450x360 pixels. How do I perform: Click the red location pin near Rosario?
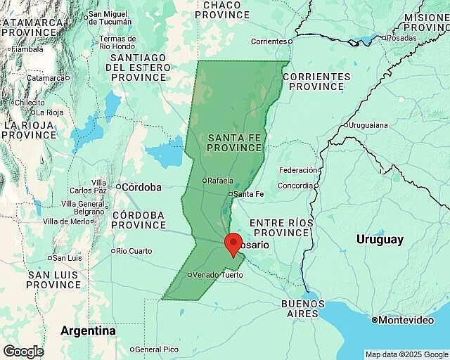point(233,245)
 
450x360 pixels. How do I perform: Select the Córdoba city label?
point(141,187)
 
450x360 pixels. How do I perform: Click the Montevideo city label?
point(406,320)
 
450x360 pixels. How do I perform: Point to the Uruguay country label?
point(380,239)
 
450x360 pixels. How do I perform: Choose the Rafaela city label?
point(219,180)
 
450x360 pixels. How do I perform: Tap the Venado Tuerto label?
point(217,275)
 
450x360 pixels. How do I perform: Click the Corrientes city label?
point(269,41)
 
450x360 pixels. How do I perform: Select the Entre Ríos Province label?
point(282,227)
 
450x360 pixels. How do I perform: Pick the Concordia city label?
point(295,186)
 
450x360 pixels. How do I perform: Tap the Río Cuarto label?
point(134,251)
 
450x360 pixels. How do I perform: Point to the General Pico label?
point(156,349)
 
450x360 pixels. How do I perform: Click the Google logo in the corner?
point(22,351)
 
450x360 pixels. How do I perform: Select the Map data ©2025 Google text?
point(406,354)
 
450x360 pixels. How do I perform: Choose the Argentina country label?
point(88,330)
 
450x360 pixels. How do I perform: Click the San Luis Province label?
point(53,280)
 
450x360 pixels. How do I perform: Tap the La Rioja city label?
point(50,112)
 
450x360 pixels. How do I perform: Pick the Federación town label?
point(298,170)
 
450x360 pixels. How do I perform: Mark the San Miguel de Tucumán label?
point(108,18)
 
